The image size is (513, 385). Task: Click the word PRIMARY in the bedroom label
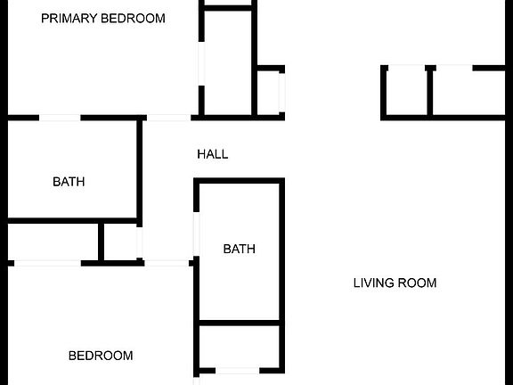click(x=69, y=19)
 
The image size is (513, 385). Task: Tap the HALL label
click(x=213, y=154)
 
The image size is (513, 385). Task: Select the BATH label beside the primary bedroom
click(x=69, y=182)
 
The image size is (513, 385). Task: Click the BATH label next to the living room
click(x=240, y=250)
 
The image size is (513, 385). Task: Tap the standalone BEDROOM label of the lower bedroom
click(x=101, y=356)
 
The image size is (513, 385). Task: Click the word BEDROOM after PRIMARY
click(x=134, y=19)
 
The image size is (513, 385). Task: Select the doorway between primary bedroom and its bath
click(x=60, y=118)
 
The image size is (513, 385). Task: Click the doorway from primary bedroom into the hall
click(x=169, y=118)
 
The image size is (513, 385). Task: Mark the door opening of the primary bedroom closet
click(x=201, y=64)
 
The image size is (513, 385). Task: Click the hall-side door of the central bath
click(x=196, y=234)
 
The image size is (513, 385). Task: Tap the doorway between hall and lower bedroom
click(x=167, y=263)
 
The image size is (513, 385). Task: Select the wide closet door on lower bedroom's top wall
click(x=47, y=263)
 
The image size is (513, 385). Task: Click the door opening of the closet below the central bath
click(x=238, y=371)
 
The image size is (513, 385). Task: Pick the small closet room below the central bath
click(x=240, y=347)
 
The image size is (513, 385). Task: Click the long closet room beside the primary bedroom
click(x=228, y=63)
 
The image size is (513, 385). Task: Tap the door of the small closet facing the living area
click(x=281, y=93)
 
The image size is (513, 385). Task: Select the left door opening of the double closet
click(x=407, y=68)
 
